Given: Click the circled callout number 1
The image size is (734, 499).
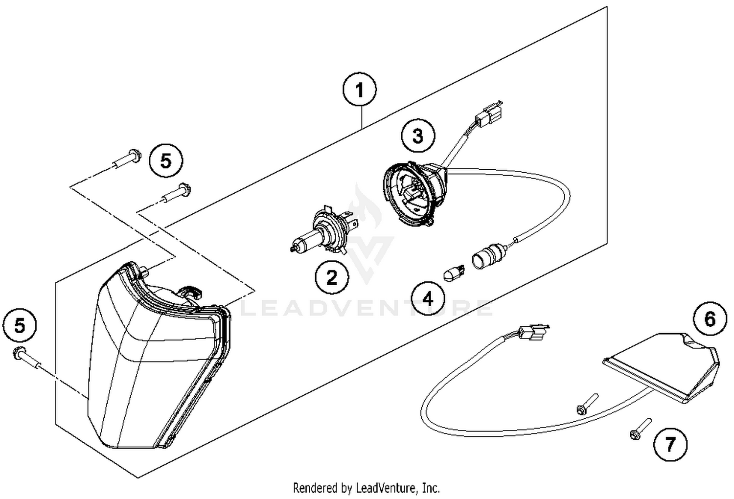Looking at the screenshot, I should [x=360, y=91].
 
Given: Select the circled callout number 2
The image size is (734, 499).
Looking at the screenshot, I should [x=332, y=278].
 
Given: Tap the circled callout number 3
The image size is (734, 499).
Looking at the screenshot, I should [x=417, y=136].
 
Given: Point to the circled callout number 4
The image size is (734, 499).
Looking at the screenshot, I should [x=428, y=298].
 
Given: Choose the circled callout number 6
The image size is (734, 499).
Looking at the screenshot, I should [x=710, y=319].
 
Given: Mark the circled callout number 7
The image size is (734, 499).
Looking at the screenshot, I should [x=670, y=444].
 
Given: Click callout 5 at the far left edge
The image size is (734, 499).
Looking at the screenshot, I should [x=20, y=325].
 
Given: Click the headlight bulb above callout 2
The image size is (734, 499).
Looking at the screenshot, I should [x=323, y=233].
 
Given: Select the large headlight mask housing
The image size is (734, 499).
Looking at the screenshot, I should [x=152, y=357].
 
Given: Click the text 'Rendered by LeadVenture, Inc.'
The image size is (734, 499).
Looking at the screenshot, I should [x=366, y=488].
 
